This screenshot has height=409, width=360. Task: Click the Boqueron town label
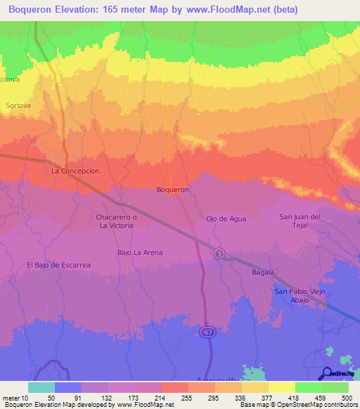(x=172, y=190)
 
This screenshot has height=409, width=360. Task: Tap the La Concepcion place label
(x=75, y=171)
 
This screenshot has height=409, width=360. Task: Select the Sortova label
(x=18, y=105)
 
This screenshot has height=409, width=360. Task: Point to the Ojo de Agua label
(x=226, y=219)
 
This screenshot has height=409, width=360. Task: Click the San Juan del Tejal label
(x=300, y=221)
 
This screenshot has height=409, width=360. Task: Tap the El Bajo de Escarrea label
(x=59, y=265)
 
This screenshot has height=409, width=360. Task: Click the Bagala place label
(x=263, y=271)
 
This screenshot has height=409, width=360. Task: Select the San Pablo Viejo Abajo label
(x=300, y=295)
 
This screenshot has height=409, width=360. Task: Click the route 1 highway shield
(x=219, y=254)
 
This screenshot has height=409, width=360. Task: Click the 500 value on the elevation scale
(x=344, y=397)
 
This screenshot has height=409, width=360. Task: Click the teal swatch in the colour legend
(x=41, y=387)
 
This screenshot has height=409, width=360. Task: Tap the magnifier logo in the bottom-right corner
(x=327, y=373)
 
